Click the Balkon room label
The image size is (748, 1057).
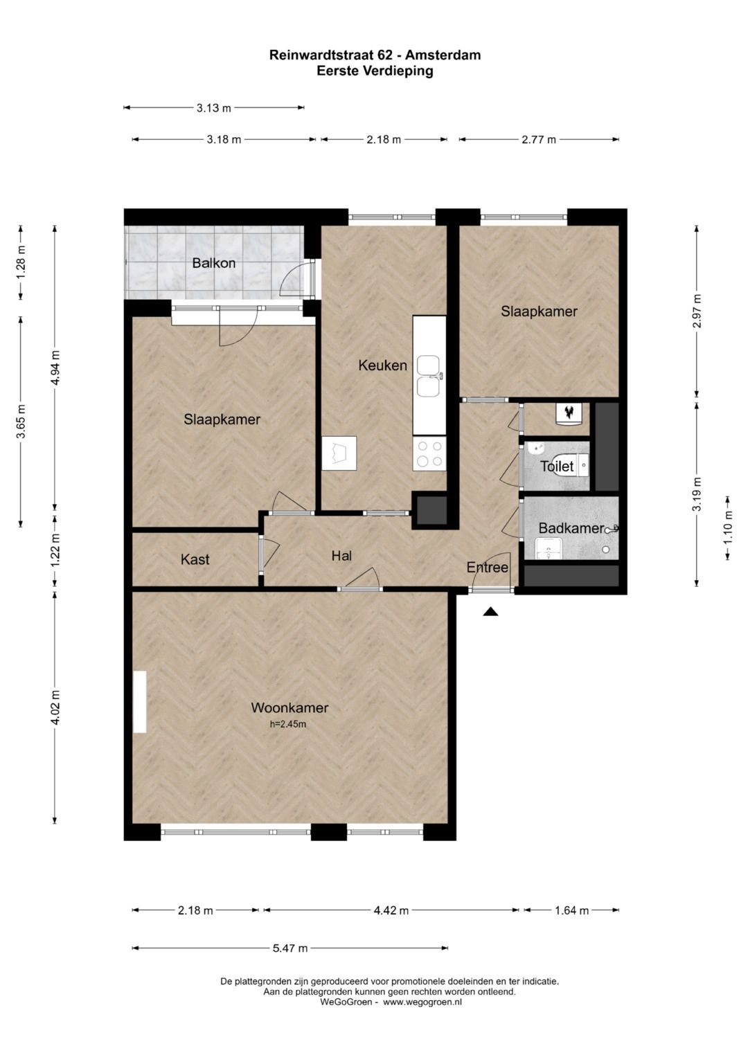point(213,263)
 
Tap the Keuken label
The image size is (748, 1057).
point(382,365)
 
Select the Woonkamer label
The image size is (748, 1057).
point(290,707)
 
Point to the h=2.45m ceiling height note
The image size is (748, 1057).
point(288,724)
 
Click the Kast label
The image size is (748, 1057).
point(195,559)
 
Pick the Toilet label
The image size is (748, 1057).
point(557,467)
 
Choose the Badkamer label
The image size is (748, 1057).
point(571,528)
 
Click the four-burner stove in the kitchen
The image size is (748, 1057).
point(429,453)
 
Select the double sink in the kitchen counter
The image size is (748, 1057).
point(429,376)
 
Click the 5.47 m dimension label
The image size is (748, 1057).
point(290,948)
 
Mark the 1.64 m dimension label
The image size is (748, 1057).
point(571,910)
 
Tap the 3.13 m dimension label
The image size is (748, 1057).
point(214,108)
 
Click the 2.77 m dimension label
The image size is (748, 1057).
point(539,140)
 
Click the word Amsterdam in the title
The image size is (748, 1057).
point(443,55)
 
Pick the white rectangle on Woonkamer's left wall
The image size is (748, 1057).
point(140,702)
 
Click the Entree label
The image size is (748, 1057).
point(488,567)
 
